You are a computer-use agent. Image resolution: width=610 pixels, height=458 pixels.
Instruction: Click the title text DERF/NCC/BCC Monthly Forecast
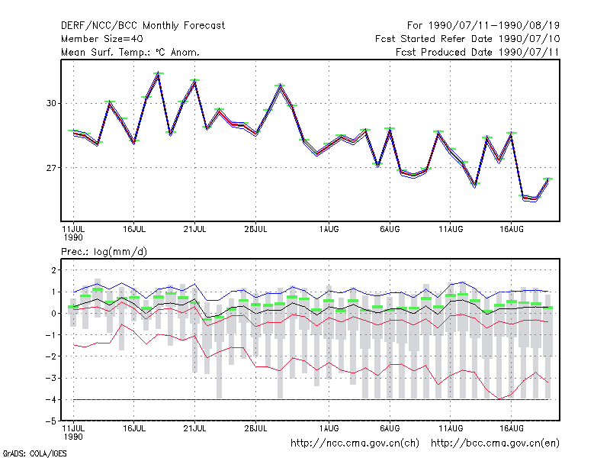[143, 26]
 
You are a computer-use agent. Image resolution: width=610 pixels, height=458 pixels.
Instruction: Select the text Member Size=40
[102, 39]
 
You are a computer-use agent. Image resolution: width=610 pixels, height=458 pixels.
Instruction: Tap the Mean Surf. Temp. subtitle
[130, 52]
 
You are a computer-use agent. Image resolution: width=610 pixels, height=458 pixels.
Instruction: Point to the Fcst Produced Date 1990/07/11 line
[477, 52]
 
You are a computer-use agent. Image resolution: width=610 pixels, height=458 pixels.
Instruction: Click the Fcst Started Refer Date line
[467, 39]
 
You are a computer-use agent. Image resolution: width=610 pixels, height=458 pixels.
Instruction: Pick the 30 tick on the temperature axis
[51, 103]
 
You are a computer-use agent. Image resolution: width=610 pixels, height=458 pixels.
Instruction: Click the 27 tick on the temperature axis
[51, 168]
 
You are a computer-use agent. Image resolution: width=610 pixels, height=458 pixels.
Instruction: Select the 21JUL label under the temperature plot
[194, 229]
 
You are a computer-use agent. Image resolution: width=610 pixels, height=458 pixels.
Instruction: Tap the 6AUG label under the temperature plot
[390, 229]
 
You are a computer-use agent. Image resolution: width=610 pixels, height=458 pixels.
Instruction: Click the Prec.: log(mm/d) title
[104, 252]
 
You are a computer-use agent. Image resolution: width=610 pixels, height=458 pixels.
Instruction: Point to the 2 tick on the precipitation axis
[53, 270]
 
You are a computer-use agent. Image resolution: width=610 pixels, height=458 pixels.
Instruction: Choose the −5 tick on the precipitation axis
[51, 421]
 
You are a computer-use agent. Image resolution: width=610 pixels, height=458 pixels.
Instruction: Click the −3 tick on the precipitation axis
[51, 378]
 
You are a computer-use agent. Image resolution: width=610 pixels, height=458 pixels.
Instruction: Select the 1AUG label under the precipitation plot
[329, 428]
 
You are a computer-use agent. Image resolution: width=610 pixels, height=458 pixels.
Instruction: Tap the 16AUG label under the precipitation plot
[511, 428]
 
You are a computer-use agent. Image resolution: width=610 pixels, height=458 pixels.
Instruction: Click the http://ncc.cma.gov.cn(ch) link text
[355, 443]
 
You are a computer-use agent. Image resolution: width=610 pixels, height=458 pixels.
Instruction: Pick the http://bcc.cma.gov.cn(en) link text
[495, 443]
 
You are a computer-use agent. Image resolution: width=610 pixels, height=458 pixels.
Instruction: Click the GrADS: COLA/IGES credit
[34, 453]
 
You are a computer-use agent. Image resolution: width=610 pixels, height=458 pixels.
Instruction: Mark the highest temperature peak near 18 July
[159, 74]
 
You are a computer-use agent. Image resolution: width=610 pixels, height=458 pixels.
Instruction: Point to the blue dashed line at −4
[311, 399]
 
